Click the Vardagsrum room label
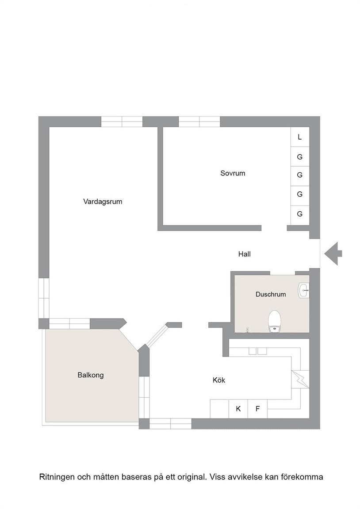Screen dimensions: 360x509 tap(103, 201)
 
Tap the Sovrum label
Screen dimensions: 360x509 tap(233, 173)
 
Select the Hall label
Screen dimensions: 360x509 tap(244, 254)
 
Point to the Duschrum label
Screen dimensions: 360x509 tap(271, 294)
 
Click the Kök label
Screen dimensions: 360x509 tap(219, 380)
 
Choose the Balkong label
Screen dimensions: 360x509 tap(91, 375)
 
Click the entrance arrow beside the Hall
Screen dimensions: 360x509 tap(333, 254)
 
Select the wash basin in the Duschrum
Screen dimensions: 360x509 tap(303, 290)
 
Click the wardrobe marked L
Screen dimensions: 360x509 tap(299, 137)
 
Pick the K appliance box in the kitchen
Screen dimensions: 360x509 tap(238, 409)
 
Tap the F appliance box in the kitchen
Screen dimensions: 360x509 tap(258, 409)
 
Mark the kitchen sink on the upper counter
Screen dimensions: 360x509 tap(258, 351)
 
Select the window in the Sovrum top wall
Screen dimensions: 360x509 tap(199, 122)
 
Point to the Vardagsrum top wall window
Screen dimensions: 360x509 tap(122, 122)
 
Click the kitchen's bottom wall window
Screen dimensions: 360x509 tap(170, 424)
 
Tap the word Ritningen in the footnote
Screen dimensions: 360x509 tap(57, 477)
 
